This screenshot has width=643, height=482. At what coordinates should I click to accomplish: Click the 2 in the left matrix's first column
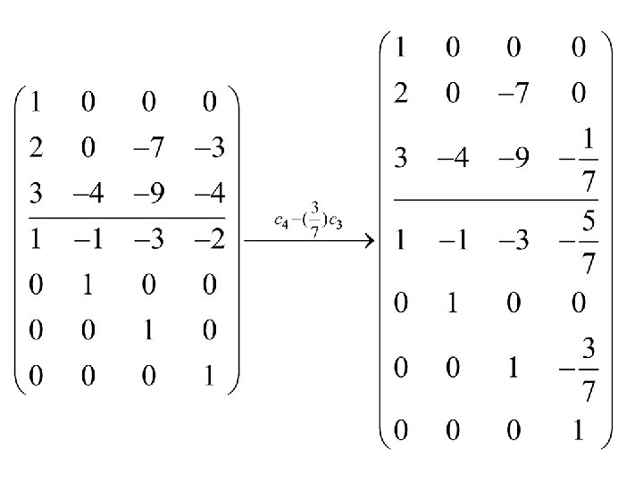tap(36, 148)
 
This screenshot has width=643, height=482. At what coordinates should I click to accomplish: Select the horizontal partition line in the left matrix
tap(125, 217)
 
